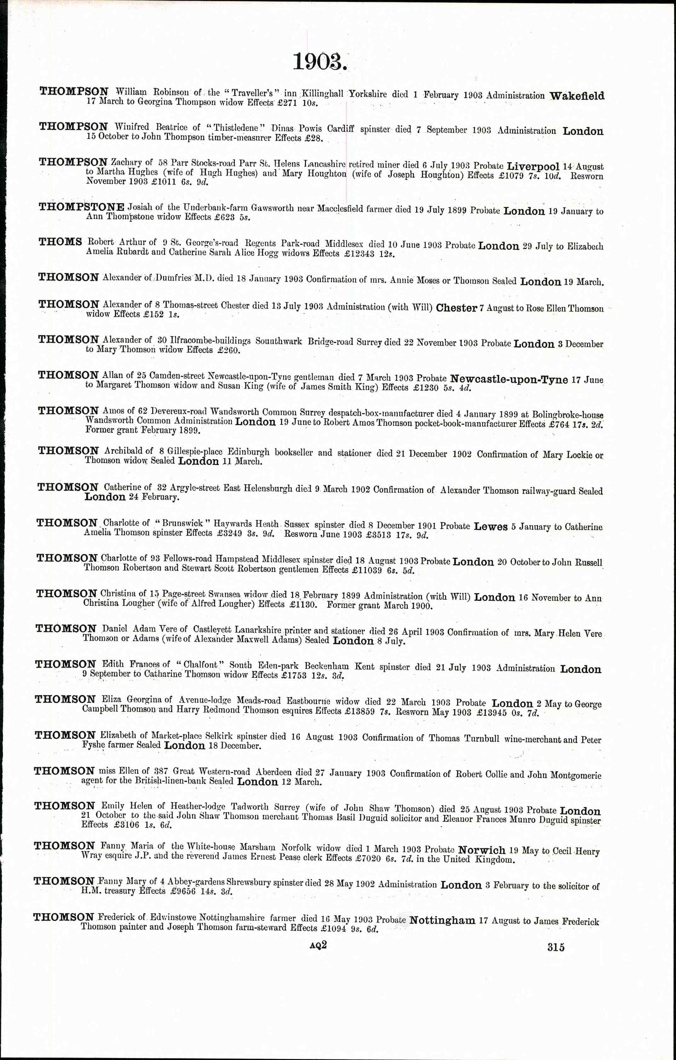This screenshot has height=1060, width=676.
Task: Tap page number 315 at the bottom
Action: point(556,946)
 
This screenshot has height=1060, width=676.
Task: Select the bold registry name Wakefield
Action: point(577,96)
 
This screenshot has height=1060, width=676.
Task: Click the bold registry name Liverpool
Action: point(533,167)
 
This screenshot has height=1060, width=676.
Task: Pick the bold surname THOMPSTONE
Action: point(81,207)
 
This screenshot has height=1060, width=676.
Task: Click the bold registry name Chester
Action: point(456,308)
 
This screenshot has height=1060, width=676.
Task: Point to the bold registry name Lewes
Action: point(490,527)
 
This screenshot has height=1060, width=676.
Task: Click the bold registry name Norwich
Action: point(482,850)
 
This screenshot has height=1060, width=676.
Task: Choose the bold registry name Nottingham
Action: point(442,920)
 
